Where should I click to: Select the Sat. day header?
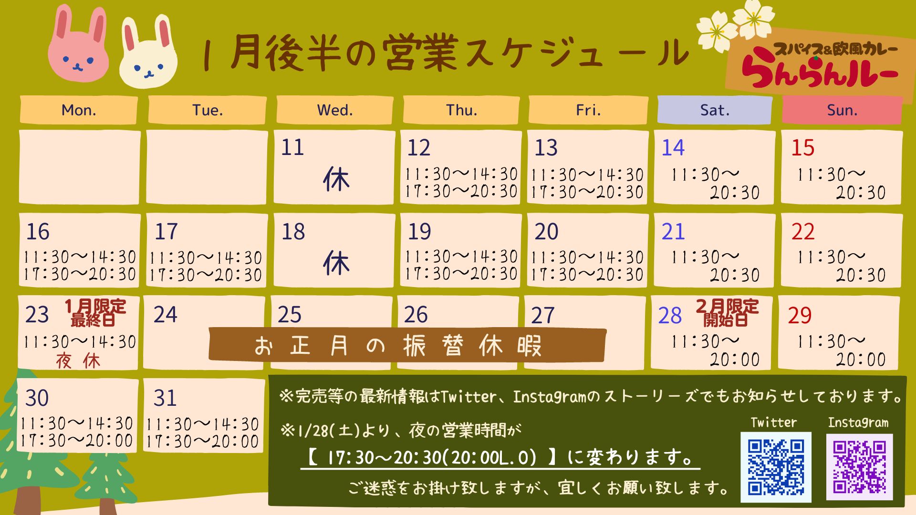[x=715, y=110]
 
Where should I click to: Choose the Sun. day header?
[x=842, y=110]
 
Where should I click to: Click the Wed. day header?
[x=335, y=110]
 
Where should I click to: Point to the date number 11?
[x=292, y=147]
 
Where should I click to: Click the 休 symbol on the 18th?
[x=336, y=263]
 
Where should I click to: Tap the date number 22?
[x=803, y=232]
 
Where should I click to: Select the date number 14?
[x=673, y=148]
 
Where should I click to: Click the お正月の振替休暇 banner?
[x=407, y=345]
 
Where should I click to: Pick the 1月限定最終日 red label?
[x=95, y=313]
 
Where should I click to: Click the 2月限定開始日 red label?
[x=727, y=313]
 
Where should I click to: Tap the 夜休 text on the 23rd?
[x=78, y=361]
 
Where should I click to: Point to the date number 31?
[x=165, y=398]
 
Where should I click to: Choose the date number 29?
[x=800, y=316]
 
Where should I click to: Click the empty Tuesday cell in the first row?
[x=207, y=167]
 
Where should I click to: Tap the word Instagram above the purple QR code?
[x=858, y=422]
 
